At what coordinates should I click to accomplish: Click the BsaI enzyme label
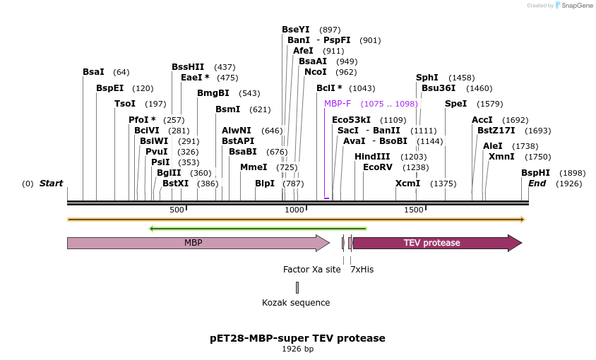93,72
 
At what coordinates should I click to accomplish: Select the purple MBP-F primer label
338,104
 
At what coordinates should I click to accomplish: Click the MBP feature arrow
194,243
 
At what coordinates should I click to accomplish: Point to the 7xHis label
362,270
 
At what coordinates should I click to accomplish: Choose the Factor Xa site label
311,270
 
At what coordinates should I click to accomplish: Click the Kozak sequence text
296,303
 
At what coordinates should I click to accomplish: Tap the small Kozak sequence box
297,287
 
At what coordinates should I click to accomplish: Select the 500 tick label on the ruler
177,210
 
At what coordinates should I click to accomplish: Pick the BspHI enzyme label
535,173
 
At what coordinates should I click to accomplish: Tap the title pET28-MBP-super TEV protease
297,338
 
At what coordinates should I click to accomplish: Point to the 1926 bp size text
297,349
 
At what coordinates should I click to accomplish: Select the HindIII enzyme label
372,157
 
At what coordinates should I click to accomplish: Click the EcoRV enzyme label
377,167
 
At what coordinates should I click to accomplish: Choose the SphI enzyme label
427,78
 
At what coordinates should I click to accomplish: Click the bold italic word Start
51,184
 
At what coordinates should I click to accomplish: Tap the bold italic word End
537,184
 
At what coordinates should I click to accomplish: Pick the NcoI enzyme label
316,72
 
